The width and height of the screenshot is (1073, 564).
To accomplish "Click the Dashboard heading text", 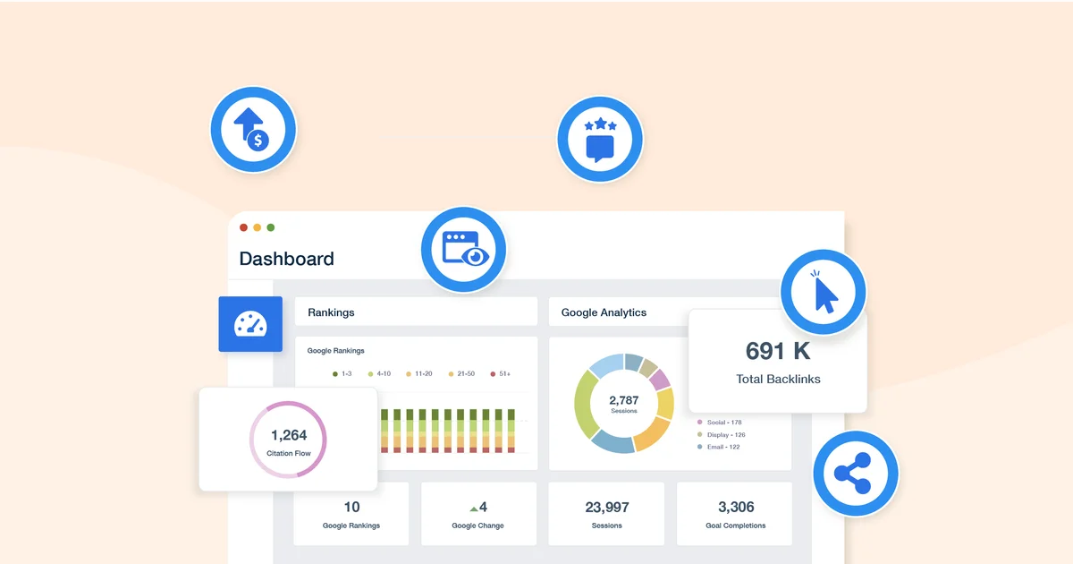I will [286, 259].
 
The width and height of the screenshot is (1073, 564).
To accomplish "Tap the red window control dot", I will [244, 227].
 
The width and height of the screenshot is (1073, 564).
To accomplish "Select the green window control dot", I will [271, 227].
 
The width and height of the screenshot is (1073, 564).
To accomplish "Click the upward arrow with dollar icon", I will [253, 130].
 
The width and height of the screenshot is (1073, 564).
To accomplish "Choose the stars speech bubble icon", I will [600, 139].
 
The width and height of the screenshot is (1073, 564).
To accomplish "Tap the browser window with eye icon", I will [463, 249].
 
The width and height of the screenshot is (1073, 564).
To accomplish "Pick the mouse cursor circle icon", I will [823, 292].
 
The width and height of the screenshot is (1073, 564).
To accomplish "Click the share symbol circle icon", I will [856, 474].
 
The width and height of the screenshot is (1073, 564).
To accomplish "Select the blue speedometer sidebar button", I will [250, 324].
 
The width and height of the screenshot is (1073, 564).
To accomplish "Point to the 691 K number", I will [778, 351].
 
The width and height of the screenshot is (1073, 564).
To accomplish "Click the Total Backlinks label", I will [778, 379].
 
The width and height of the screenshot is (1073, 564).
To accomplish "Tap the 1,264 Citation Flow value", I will [289, 436].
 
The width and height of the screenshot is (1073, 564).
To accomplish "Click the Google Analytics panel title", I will [604, 312].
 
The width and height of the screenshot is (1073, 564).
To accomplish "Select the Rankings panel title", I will [331, 312].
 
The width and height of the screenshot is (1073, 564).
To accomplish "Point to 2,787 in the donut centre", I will [623, 400].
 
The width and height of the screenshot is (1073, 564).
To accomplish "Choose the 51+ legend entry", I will [501, 373].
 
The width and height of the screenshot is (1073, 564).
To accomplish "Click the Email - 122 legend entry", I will [719, 447].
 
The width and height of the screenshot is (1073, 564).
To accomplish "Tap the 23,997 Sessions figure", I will [606, 507].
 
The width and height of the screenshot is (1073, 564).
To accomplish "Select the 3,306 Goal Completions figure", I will [735, 507].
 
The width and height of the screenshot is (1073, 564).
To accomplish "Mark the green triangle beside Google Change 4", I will [474, 508].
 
